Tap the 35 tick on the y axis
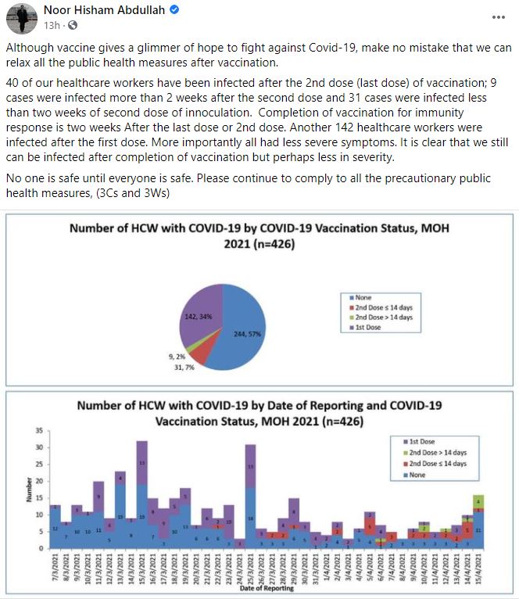click(x=38, y=431)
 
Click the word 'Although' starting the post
click(x=29, y=47)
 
